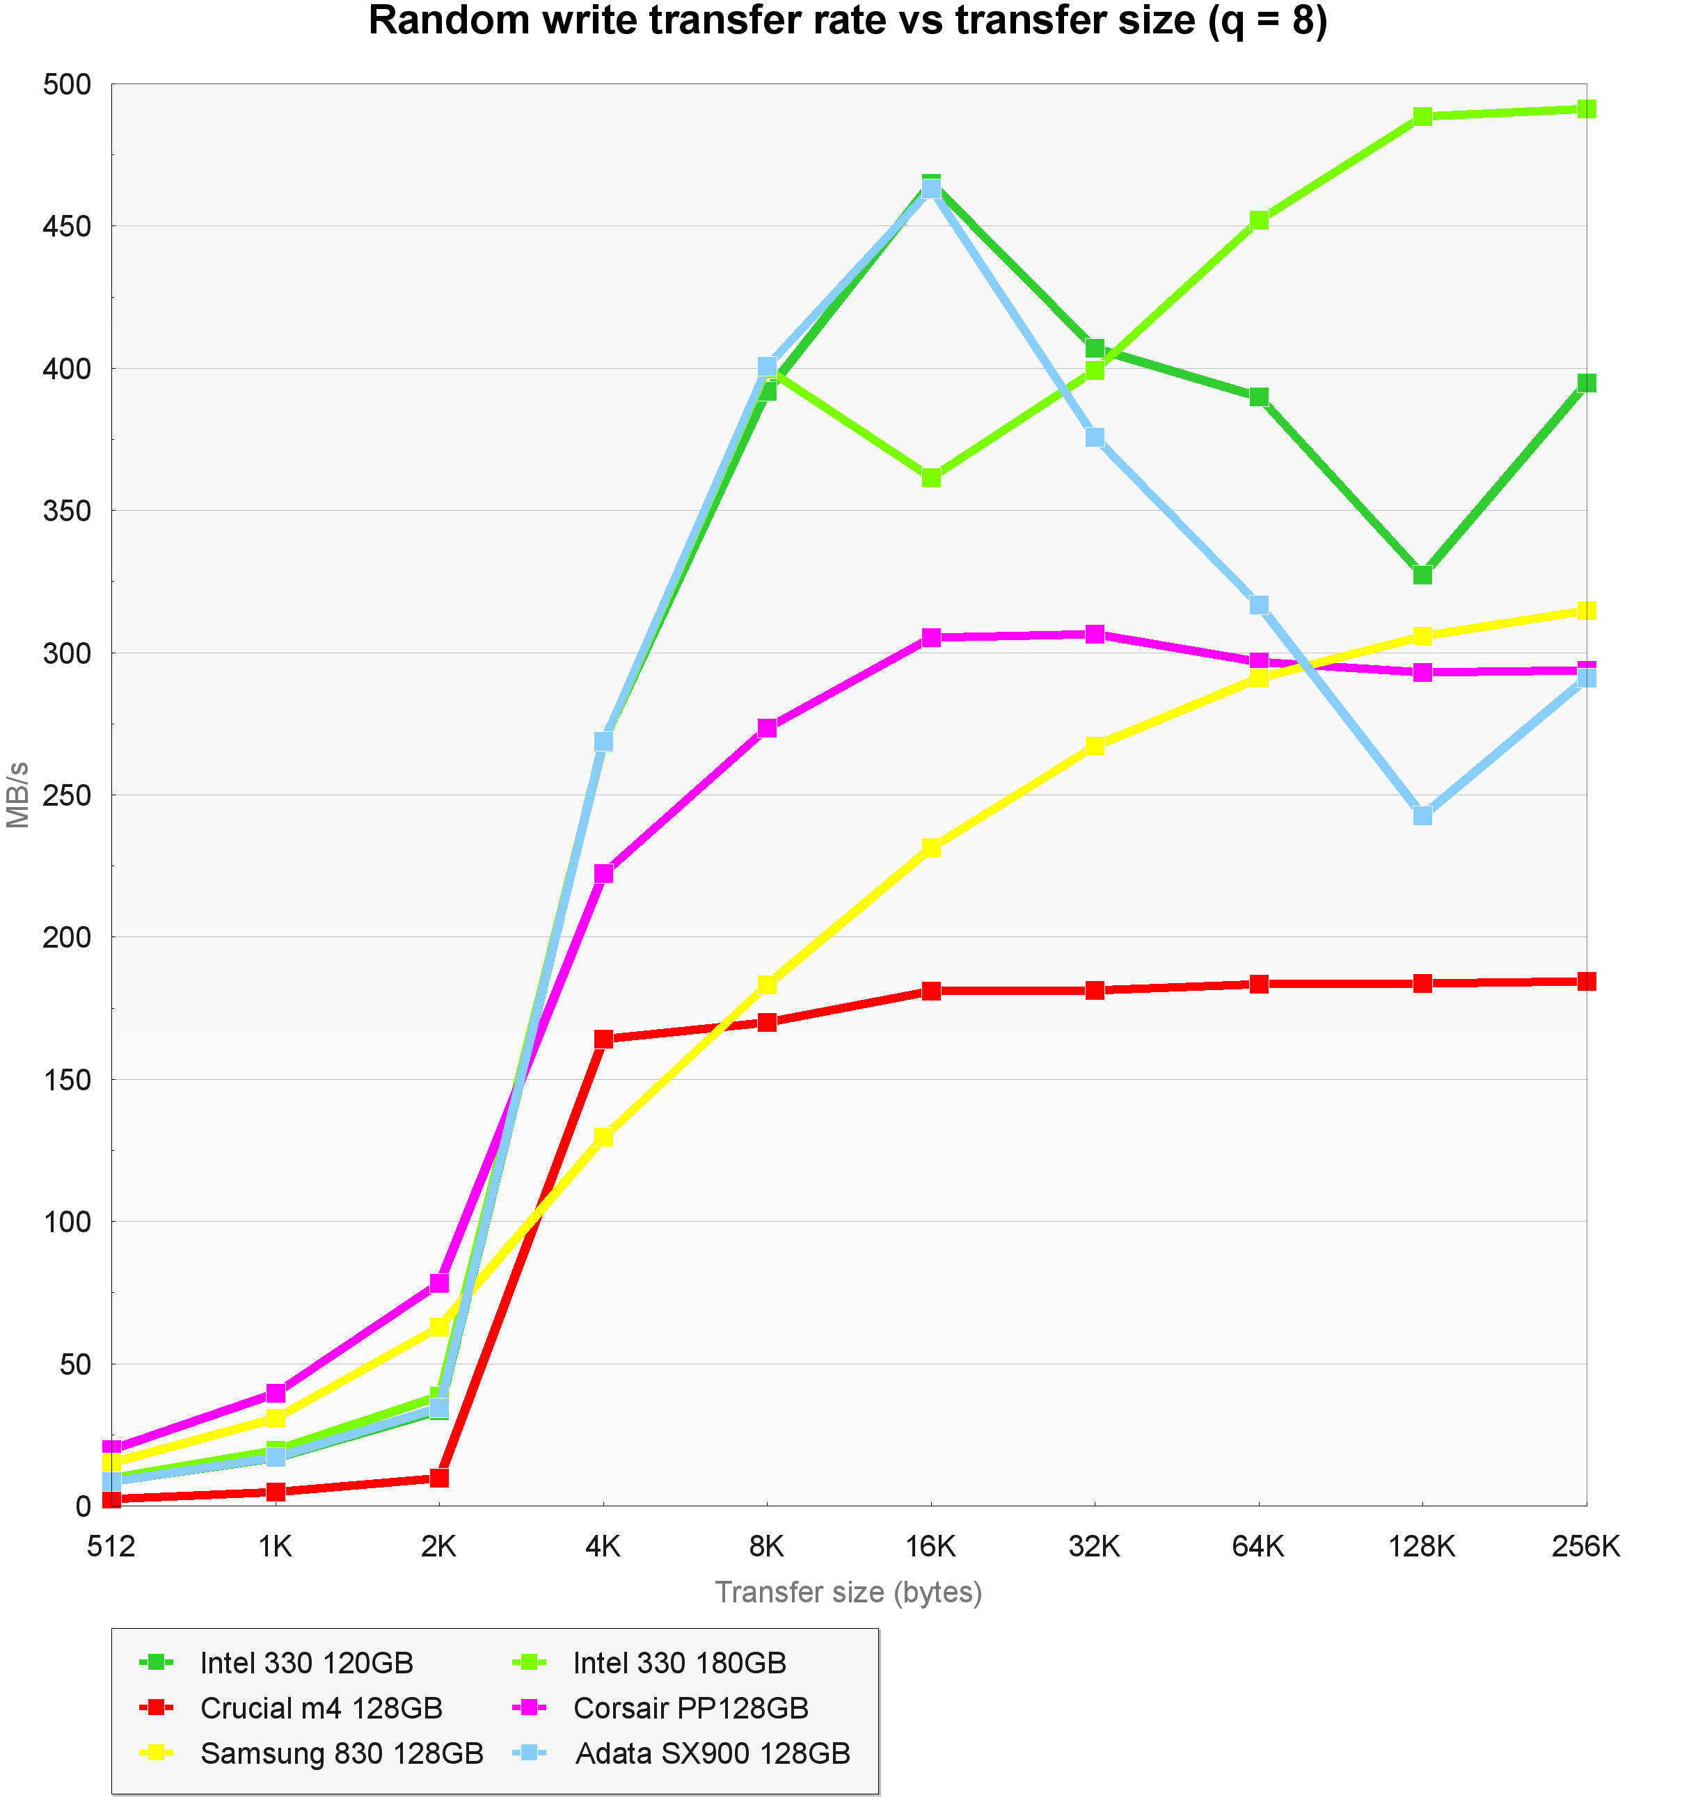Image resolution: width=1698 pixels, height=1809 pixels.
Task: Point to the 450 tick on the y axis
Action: point(68,227)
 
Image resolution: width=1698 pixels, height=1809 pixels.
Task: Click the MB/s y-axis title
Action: point(18,795)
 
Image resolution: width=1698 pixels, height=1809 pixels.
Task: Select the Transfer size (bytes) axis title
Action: point(848,1593)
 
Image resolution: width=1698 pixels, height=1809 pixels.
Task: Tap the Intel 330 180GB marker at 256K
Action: point(1586,109)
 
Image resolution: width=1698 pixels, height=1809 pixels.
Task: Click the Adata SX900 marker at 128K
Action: point(1422,815)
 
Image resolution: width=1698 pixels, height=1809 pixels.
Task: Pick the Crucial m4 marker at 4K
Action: point(603,1039)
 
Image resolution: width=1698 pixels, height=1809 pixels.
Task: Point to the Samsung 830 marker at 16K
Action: point(931,848)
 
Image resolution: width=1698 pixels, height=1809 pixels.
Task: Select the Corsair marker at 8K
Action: point(767,728)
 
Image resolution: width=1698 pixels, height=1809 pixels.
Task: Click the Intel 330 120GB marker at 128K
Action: point(1422,575)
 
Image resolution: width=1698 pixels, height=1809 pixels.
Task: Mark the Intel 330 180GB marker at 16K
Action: point(931,478)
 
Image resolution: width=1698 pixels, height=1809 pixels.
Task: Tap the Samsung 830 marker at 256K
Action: point(1586,611)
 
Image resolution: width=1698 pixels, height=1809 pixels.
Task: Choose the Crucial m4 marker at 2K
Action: point(438,1478)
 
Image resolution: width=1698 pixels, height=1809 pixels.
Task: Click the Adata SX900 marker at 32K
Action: point(1095,438)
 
